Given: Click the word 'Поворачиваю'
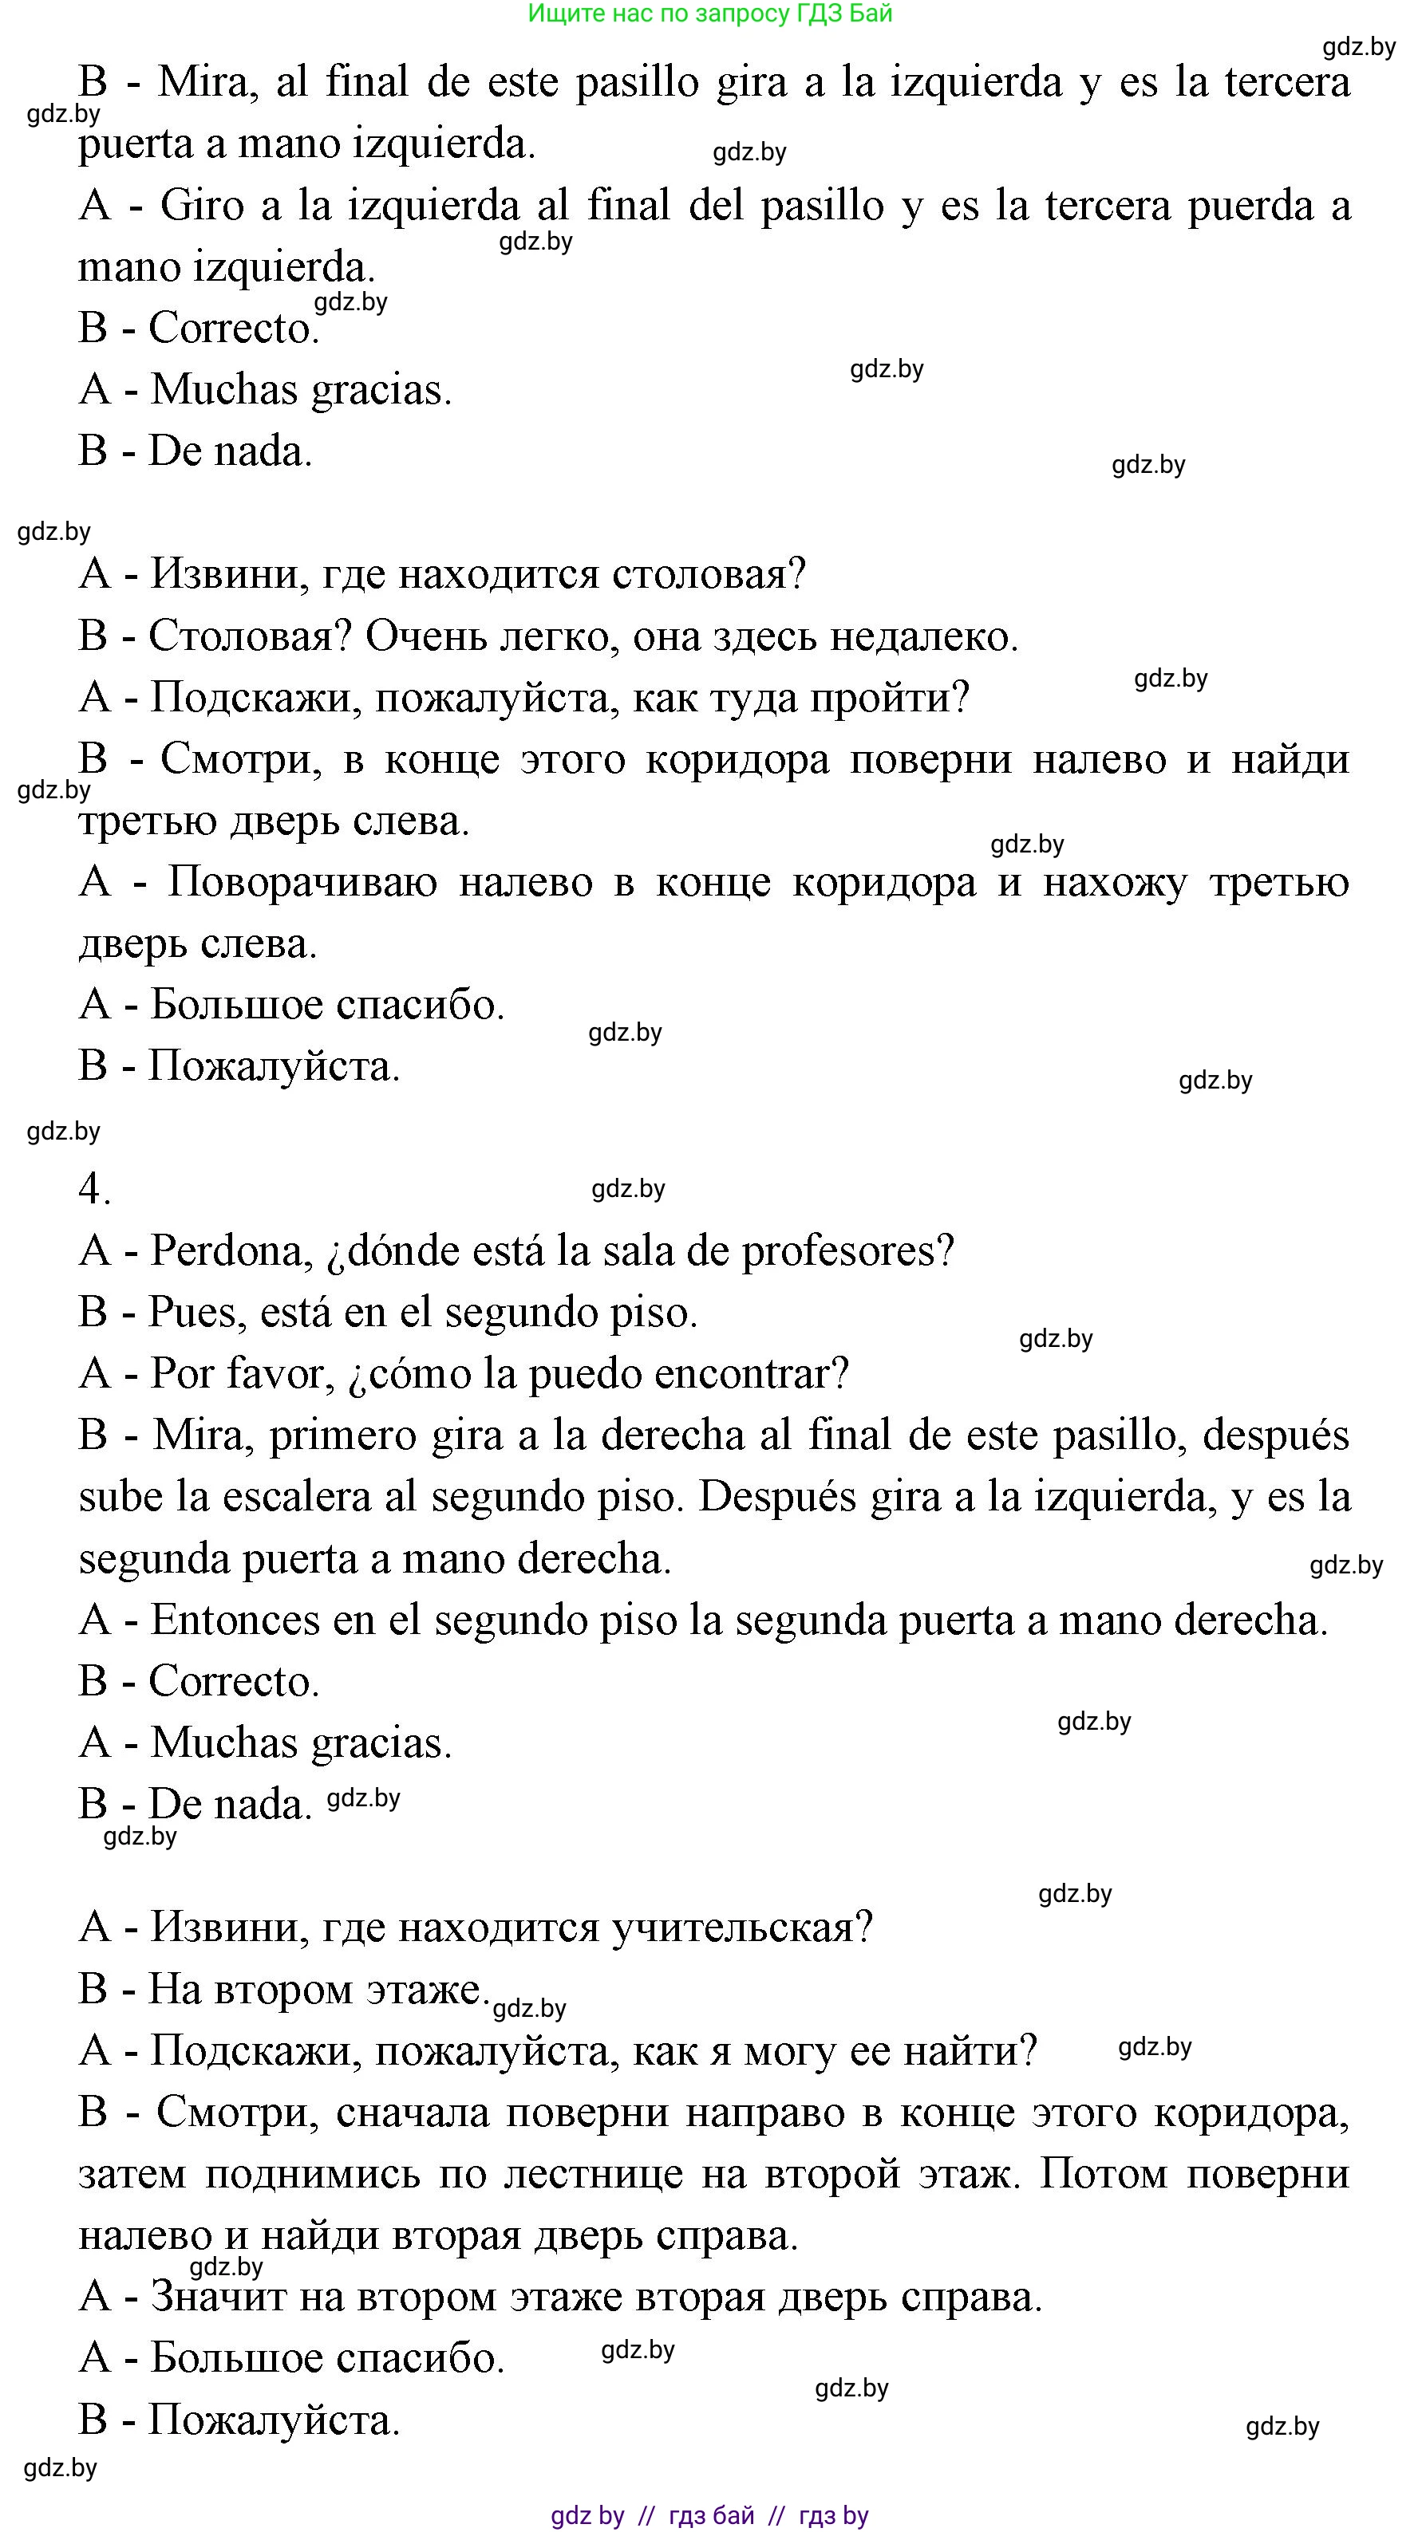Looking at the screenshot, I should (x=302, y=882).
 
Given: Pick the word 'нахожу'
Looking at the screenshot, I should (x=1116, y=882).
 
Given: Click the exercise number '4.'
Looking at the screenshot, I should (x=94, y=1189).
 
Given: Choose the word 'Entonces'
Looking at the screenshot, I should (x=235, y=1620).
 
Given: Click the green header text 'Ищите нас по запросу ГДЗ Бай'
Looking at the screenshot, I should (x=710, y=14).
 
